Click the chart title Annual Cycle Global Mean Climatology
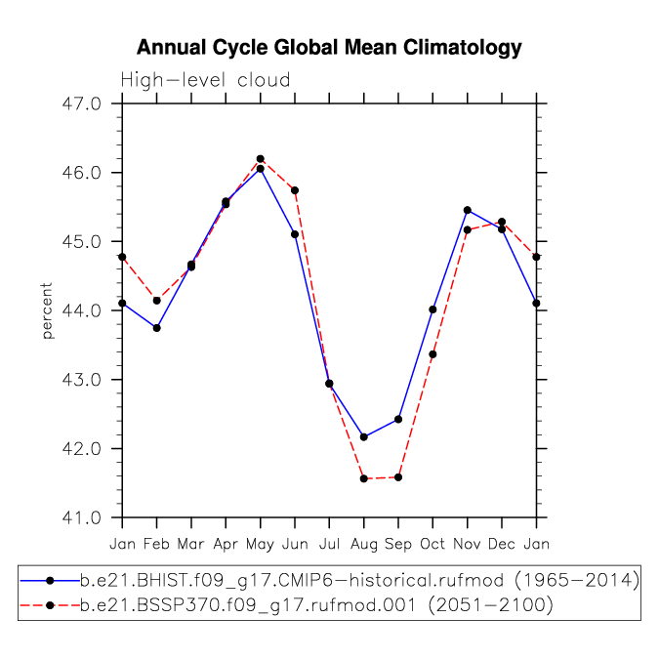(329, 48)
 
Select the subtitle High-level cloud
(205, 80)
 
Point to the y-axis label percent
(47, 310)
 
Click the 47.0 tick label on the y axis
(82, 103)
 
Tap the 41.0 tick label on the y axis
(82, 517)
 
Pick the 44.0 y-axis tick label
(82, 310)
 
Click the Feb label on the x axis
(156, 544)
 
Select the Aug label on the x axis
(363, 545)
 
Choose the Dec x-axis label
(502, 544)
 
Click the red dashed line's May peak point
(260, 159)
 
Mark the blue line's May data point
(260, 169)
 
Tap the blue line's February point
(157, 328)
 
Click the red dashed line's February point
(157, 301)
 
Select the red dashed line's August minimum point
(364, 478)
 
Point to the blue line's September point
(398, 420)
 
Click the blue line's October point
(432, 309)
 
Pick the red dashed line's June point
(295, 190)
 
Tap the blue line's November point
(468, 210)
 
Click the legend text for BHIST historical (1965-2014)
(360, 581)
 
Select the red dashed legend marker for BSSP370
(50, 605)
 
